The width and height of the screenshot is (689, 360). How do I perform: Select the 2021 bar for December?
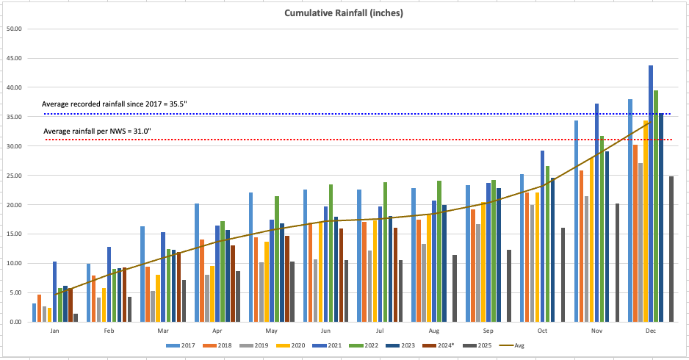point(651,194)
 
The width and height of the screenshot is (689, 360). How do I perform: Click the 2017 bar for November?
point(577,221)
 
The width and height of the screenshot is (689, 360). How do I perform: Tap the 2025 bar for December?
point(671,249)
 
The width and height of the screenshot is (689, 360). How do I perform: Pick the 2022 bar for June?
point(331,253)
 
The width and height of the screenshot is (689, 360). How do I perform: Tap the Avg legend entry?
point(513,345)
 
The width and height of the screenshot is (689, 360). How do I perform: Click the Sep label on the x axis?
point(488,331)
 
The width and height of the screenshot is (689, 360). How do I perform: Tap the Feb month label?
point(109,331)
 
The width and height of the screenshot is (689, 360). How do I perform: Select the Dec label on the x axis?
point(651,331)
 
